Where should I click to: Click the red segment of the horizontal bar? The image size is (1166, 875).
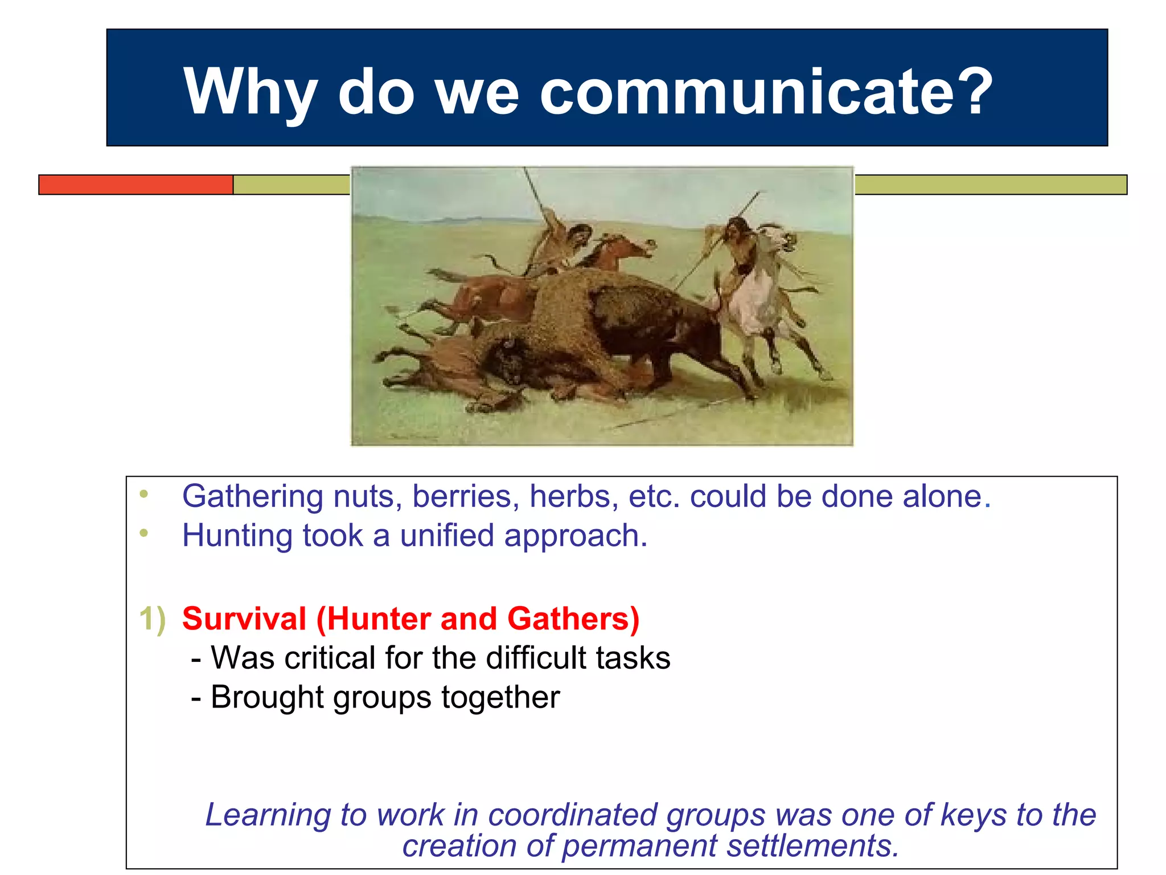[x=136, y=185]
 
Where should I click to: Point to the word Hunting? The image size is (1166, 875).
[x=237, y=536]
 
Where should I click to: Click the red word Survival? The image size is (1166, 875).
[x=244, y=619]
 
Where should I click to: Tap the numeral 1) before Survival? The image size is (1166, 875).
[x=153, y=619]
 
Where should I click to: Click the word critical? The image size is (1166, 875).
[x=330, y=658]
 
